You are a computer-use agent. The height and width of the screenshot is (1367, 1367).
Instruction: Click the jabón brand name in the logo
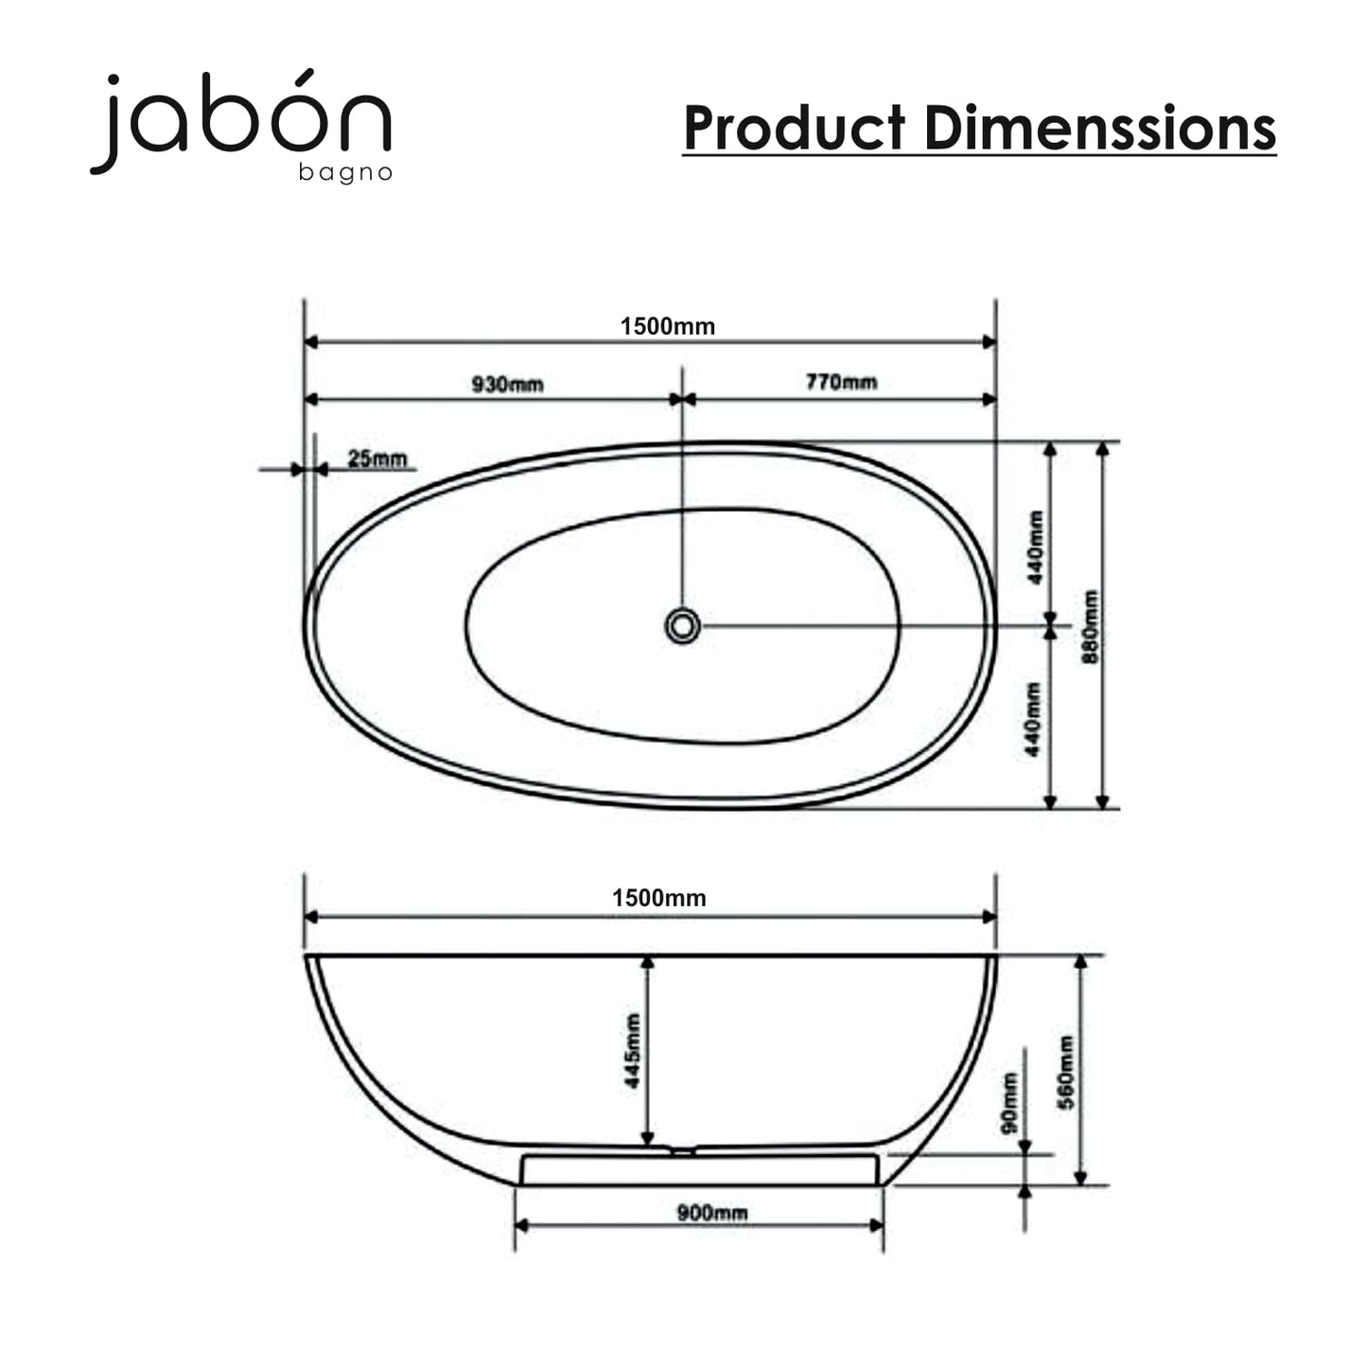click(x=240, y=120)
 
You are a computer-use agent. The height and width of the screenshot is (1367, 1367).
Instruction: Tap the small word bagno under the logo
click(x=345, y=173)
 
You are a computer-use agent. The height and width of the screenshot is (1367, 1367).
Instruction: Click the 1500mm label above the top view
click(x=668, y=326)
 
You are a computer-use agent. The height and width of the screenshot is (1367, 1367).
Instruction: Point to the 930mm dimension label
click(x=508, y=384)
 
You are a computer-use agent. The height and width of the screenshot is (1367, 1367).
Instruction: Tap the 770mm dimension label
click(x=841, y=382)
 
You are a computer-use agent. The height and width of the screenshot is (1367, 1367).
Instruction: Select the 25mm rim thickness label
click(x=377, y=459)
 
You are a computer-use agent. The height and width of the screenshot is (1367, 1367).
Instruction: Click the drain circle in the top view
click(x=682, y=626)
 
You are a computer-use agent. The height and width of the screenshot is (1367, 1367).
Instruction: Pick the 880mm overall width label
click(x=1091, y=627)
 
